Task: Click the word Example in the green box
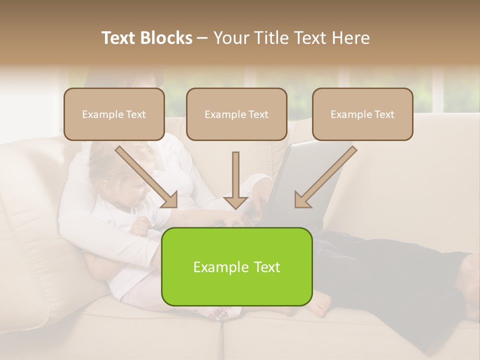(217, 267)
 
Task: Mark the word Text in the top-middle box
(258, 114)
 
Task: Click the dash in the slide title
(202, 38)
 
